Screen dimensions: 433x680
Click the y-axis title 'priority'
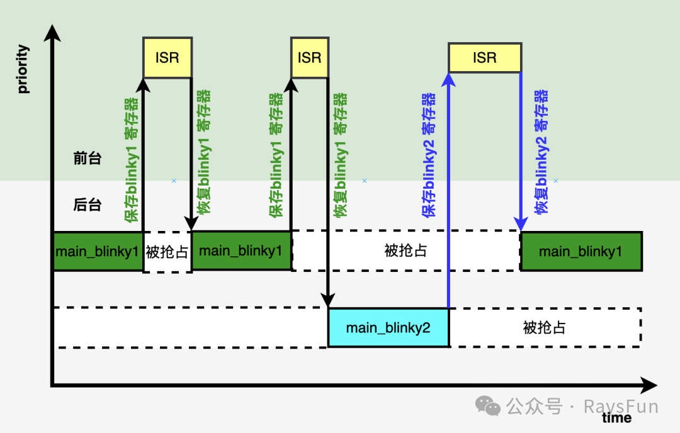click(23, 69)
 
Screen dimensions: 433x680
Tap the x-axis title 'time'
click(616, 417)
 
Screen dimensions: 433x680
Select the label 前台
click(87, 159)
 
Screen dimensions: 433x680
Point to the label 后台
click(87, 205)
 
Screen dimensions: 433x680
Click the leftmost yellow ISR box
click(167, 58)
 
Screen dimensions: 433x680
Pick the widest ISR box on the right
click(484, 58)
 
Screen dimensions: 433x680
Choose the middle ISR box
click(309, 58)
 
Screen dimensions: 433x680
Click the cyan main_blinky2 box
click(388, 328)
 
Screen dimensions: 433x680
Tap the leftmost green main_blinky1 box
click(97, 252)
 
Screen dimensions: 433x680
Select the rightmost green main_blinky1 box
click(581, 252)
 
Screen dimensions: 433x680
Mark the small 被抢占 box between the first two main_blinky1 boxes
click(167, 252)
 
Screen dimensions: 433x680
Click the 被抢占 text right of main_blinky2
click(544, 328)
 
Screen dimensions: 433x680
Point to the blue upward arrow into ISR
click(448, 189)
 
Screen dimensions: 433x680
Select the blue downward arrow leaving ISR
click(521, 151)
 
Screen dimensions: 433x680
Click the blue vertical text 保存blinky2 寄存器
click(429, 155)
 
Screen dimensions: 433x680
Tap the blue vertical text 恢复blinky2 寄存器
click(541, 151)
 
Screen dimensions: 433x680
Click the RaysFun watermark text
click(620, 407)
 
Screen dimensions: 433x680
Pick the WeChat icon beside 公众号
click(488, 406)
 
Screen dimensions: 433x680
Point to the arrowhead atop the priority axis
click(53, 31)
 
